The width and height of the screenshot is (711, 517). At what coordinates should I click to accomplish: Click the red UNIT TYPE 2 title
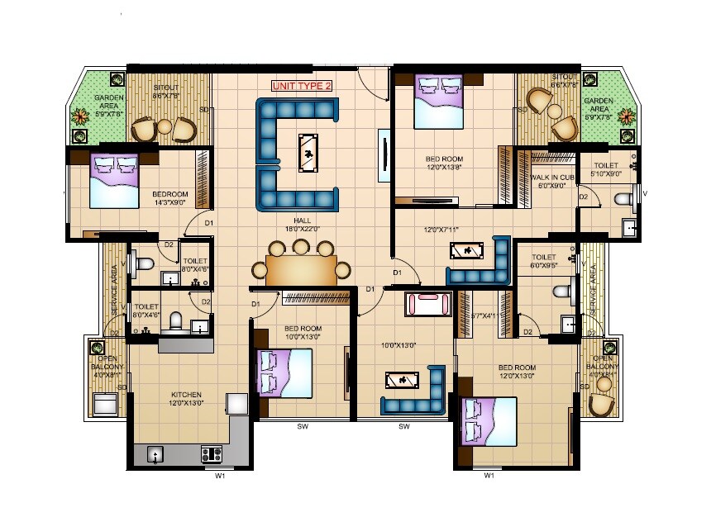click(x=303, y=85)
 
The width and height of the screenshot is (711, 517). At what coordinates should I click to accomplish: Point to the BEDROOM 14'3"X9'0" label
click(x=169, y=198)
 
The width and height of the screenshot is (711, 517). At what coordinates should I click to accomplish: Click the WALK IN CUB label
click(x=552, y=181)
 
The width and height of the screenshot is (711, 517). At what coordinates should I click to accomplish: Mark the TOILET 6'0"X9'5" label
click(x=543, y=261)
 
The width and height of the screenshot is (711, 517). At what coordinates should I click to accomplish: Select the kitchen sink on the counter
click(x=155, y=453)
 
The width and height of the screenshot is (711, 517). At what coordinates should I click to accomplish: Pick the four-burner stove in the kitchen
click(x=211, y=453)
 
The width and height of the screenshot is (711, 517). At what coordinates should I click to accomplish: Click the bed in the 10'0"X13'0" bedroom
click(x=284, y=372)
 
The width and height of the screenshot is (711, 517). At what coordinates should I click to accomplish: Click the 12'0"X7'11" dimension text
click(x=441, y=230)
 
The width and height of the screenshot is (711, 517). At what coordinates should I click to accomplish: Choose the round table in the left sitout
click(x=165, y=126)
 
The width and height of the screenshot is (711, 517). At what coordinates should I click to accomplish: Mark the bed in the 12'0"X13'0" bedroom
click(x=489, y=421)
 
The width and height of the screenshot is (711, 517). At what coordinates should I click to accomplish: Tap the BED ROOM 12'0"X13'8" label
click(x=444, y=163)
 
